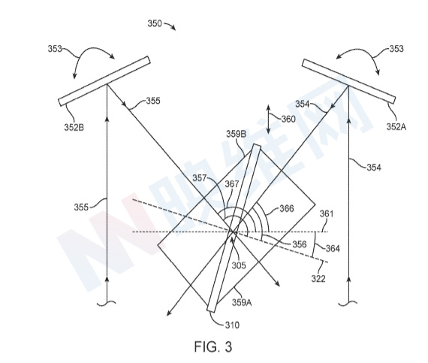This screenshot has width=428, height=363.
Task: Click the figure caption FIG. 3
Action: (x=213, y=346)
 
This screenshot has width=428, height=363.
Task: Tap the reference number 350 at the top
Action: (x=155, y=23)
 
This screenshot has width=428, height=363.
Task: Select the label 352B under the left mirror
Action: (x=74, y=127)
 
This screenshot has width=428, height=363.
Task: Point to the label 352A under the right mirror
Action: (x=396, y=127)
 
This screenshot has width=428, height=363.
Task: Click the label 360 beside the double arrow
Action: (x=288, y=119)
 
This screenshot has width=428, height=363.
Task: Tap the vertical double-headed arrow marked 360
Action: (x=268, y=119)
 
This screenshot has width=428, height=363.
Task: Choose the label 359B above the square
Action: (x=236, y=134)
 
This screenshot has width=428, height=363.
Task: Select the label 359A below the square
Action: (x=242, y=303)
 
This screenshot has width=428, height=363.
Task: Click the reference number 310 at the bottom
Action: (x=232, y=325)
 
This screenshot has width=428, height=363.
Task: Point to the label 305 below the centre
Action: (x=239, y=265)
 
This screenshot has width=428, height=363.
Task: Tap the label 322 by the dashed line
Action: (x=318, y=279)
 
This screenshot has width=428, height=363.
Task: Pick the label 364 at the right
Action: (x=333, y=249)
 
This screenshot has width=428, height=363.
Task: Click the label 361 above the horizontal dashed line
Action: (x=327, y=213)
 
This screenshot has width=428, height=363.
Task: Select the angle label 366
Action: (x=287, y=209)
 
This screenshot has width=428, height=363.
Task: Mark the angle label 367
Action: (x=232, y=184)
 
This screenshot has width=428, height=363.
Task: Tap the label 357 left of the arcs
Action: (x=200, y=178)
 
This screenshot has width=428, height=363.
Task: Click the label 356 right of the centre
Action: (x=300, y=244)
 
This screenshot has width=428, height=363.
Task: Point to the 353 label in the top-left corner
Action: (x=55, y=49)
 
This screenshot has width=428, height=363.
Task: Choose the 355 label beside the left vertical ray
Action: (x=81, y=207)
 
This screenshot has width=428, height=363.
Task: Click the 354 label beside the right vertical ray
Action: (x=374, y=168)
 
